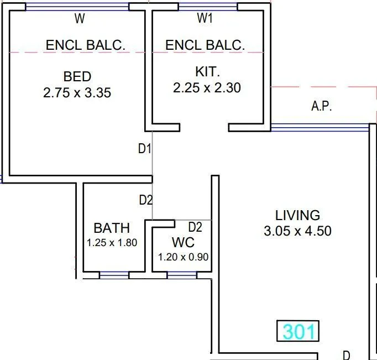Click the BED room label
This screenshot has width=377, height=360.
pos(77,76)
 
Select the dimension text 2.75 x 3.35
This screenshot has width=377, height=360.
pos(77,92)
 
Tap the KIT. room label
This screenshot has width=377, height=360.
pos(207,71)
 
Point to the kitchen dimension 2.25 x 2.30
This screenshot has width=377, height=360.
pos(207,87)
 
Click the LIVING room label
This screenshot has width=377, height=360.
pos(297,215)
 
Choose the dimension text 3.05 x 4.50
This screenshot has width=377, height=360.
pos(297,231)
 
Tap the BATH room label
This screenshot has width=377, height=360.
pos(112,227)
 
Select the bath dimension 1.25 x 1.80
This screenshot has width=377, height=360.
pos(112,242)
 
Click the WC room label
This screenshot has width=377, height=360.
pos(182,243)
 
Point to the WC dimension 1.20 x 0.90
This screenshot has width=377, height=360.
pos(182,257)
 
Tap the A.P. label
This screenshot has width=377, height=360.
pos(321,107)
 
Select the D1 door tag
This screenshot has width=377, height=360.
pos(145,148)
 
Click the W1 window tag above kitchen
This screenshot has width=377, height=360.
pos(205,19)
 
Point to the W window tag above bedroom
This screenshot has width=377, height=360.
pos(80,19)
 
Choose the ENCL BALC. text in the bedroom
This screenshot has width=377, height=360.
pos(86,45)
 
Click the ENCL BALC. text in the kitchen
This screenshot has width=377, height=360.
pos(205,45)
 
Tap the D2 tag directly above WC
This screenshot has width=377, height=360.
pos(195,227)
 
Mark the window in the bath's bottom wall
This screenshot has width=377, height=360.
pos(114,274)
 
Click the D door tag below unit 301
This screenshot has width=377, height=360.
pos(346,355)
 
